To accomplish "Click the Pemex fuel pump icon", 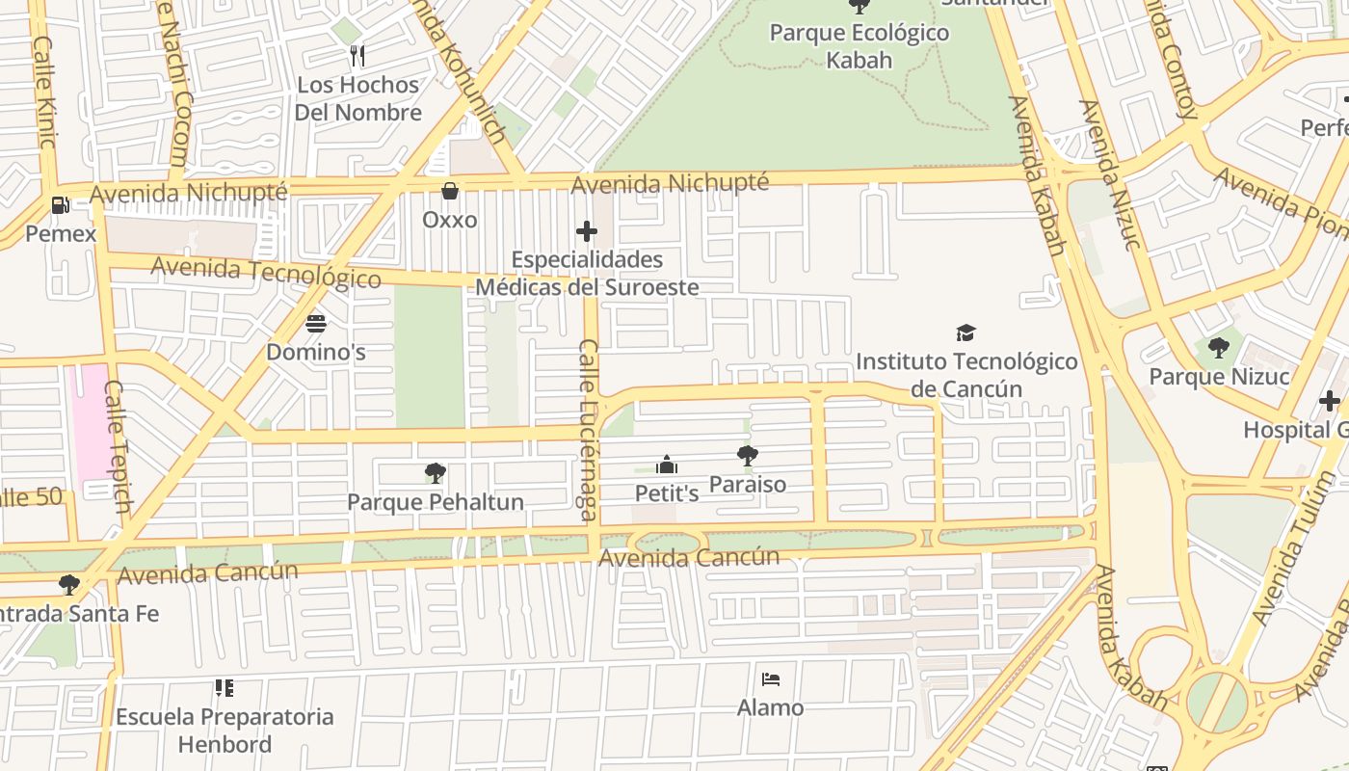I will point(60,205).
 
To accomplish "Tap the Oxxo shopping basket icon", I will point(449,191).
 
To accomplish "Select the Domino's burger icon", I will point(316,324).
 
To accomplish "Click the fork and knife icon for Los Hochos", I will point(357,56).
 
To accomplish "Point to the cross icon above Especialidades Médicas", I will point(587,231).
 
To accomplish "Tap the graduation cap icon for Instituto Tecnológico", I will point(965,333).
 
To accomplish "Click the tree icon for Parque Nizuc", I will point(1219,348).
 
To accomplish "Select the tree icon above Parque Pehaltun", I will point(435,473).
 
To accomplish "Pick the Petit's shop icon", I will point(666,465).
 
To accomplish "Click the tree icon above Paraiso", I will point(747,456).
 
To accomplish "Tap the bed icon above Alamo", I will point(770,679).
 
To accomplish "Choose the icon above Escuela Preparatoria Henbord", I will point(225,688).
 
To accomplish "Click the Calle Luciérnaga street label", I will point(588,430).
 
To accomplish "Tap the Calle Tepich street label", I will point(118,446).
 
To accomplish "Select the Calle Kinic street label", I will point(43,93).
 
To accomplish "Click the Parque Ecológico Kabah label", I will point(859,46).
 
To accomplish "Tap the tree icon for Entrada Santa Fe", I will point(68,584).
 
